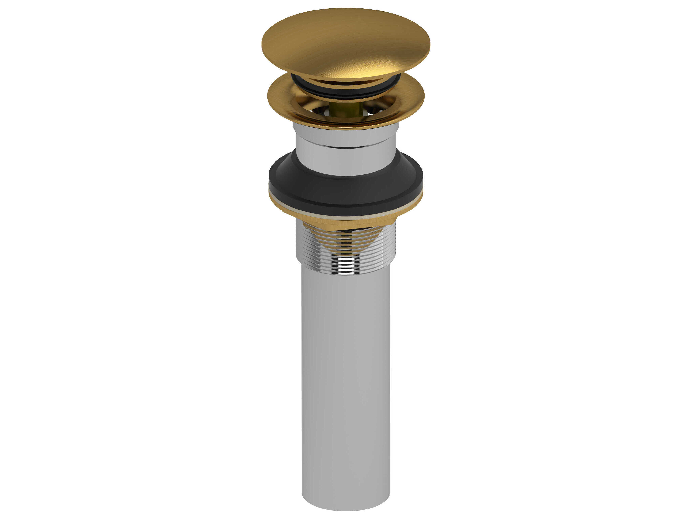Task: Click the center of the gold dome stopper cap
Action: pos(346,42)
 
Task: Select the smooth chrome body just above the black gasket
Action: pos(346,163)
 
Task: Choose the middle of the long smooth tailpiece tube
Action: pos(346,360)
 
